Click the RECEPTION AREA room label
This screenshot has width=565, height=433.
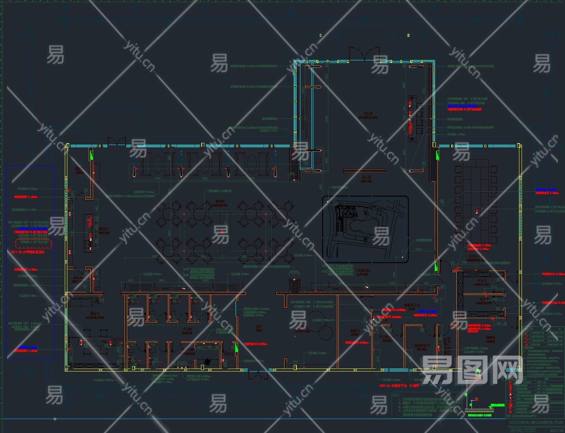click(368, 118)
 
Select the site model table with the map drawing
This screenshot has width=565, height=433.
click(366, 229)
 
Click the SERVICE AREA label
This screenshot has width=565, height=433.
click(105, 233)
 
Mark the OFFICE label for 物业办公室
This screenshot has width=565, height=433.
click(412, 309)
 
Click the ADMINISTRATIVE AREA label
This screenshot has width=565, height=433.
click(476, 260)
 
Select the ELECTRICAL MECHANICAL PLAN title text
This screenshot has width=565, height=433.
click(536, 422)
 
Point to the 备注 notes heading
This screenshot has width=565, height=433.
click(396, 395)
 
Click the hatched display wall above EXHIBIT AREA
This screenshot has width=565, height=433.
click(364, 171)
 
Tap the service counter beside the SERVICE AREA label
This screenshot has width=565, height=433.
click(88, 233)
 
